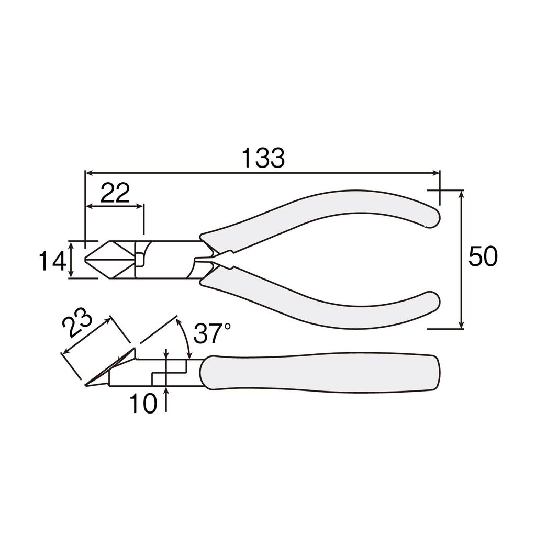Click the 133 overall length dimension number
point(263,158)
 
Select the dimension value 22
point(115,194)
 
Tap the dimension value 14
point(52,260)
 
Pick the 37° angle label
point(212,334)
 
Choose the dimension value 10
point(143,404)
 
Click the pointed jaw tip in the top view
point(88,260)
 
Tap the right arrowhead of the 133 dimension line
point(437,172)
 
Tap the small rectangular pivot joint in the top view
point(140,259)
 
